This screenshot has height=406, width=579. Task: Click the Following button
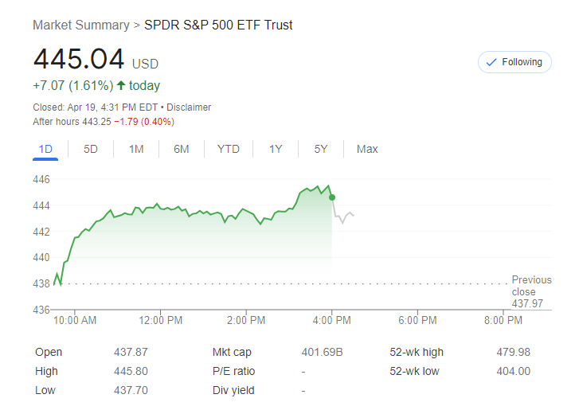click(514, 62)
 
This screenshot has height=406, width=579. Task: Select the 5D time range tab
click(91, 149)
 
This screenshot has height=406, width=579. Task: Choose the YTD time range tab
click(229, 149)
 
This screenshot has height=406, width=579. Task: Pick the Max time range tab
click(367, 149)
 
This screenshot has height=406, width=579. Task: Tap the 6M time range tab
click(182, 149)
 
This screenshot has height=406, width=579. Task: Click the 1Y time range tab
click(276, 149)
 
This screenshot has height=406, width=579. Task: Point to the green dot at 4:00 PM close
click(331, 197)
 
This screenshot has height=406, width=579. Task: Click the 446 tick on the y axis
click(41, 180)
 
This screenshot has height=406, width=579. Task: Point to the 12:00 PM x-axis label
click(161, 321)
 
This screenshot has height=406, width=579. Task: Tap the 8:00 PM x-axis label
click(503, 321)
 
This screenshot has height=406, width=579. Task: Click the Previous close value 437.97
click(527, 303)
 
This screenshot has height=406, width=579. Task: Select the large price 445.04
click(79, 60)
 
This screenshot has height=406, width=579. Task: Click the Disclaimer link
click(189, 107)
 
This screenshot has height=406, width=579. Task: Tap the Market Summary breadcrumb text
click(80, 25)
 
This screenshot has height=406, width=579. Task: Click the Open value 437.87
click(131, 352)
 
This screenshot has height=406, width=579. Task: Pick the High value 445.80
click(131, 371)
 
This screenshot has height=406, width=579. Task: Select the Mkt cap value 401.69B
click(322, 352)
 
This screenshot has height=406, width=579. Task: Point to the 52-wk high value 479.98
click(513, 352)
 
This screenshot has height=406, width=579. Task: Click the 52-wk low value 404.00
click(513, 371)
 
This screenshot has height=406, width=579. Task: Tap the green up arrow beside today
click(121, 86)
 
